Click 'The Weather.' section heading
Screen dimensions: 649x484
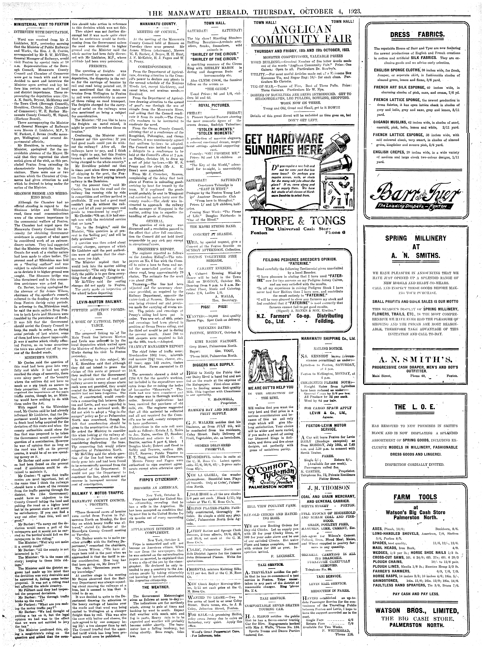click(x=156, y=579)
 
